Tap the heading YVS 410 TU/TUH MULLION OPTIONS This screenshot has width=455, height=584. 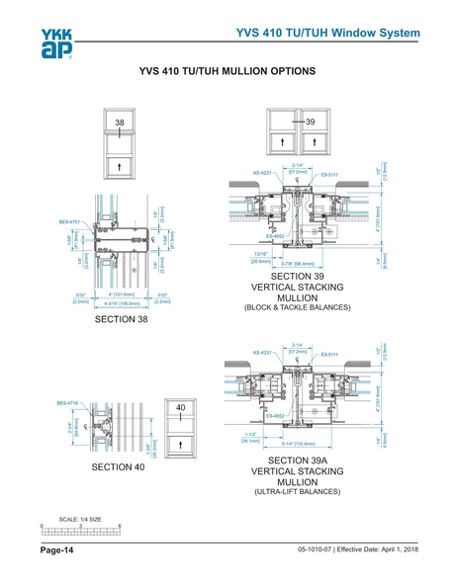[227, 72]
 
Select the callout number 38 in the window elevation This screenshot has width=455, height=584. [120, 122]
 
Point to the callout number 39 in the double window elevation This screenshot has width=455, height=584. [310, 121]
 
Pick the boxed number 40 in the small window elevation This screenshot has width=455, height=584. [181, 408]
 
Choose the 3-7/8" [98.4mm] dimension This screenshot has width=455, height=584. [298, 264]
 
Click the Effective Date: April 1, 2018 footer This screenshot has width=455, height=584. [370, 549]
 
